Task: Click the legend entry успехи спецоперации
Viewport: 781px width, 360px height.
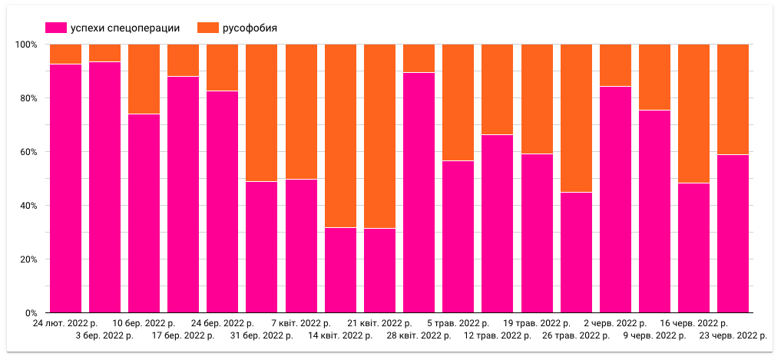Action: coord(114,28)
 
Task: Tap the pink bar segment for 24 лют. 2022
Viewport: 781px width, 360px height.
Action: coord(65,188)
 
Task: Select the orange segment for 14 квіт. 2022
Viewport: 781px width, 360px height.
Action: coord(340,136)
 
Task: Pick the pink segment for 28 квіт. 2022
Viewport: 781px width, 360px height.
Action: coord(419,193)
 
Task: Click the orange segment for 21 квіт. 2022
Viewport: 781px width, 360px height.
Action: coord(379,136)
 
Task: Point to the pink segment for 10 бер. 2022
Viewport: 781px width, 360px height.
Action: coord(144,213)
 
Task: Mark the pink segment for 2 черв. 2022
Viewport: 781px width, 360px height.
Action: coord(615,200)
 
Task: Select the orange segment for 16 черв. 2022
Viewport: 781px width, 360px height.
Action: coord(693,114)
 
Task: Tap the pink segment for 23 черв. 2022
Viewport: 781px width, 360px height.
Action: coord(733,233)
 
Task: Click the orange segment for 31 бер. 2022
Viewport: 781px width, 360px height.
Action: coord(261,113)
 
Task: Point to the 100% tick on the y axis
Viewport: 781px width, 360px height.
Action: coord(27,45)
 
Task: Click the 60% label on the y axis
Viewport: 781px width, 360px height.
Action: coord(28,152)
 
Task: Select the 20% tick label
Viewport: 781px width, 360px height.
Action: coord(28,259)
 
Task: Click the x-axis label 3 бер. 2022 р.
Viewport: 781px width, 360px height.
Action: coord(104,335)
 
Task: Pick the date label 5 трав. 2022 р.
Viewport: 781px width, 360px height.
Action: coord(458,324)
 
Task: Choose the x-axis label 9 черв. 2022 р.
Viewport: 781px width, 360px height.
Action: coord(654,335)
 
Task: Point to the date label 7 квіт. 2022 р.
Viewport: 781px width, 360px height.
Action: coord(300,324)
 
